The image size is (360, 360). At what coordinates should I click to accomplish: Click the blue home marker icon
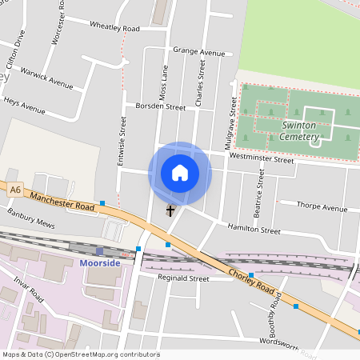[x=180, y=173]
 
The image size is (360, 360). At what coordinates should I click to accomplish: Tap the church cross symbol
[x=170, y=211]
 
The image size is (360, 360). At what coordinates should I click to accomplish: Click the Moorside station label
[x=100, y=263]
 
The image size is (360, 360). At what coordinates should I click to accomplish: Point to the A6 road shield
[x=15, y=190]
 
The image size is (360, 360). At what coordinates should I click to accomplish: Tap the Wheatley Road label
[x=114, y=29]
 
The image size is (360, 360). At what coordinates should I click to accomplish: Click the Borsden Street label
[x=160, y=106]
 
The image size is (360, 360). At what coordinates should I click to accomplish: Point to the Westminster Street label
[x=262, y=159]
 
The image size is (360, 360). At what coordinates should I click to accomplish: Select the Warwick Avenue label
[x=47, y=77]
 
